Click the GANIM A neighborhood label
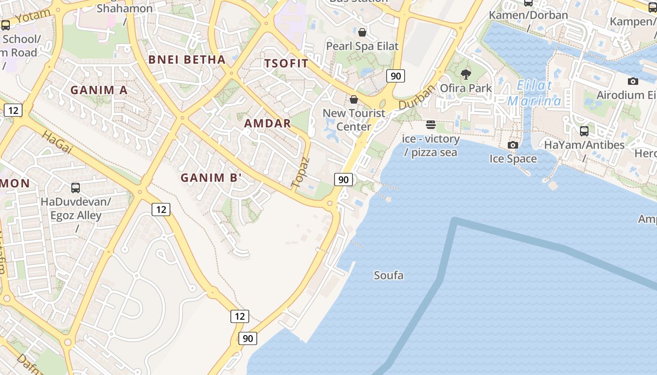[99, 90]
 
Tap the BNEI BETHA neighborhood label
[187, 60]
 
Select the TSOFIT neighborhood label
[286, 64]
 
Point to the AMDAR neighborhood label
[267, 124]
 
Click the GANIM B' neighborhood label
[211, 178]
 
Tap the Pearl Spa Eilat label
[362, 46]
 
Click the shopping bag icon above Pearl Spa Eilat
[362, 32]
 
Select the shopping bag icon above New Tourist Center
[354, 99]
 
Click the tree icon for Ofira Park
[466, 74]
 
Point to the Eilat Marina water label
[535, 93]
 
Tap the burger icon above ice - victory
[431, 125]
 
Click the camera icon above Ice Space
[513, 145]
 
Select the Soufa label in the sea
[389, 276]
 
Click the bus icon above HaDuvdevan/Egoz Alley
[76, 188]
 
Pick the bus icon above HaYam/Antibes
[584, 131]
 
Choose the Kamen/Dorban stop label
[528, 15]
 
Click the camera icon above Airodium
[633, 81]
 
